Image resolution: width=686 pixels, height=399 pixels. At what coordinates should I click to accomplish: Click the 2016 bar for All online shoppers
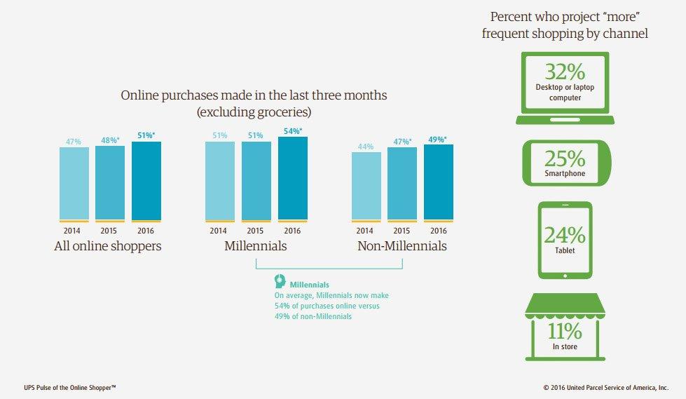(146, 182)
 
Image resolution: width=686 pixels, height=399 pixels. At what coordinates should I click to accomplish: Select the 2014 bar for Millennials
(219, 182)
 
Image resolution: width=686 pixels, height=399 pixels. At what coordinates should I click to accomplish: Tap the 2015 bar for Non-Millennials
(402, 184)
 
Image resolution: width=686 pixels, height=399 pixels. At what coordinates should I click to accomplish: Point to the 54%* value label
(293, 131)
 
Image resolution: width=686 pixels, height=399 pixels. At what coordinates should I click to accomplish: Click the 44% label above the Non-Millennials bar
(366, 147)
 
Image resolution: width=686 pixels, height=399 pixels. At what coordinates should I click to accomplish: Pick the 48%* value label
(110, 140)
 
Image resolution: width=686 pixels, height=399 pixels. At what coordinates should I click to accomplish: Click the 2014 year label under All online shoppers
(71, 231)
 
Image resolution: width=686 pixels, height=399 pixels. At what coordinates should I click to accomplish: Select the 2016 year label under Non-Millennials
(439, 231)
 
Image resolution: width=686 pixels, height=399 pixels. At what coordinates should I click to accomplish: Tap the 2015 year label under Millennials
(255, 231)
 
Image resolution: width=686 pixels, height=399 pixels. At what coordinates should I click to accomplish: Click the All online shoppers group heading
(108, 246)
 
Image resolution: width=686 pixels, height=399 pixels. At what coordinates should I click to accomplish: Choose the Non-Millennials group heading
(402, 245)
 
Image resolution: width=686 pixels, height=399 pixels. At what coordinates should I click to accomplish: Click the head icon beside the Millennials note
(280, 281)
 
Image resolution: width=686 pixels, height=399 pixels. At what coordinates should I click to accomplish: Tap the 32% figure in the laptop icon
(565, 72)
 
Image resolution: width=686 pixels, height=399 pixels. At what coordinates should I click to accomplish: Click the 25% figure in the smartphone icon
(565, 158)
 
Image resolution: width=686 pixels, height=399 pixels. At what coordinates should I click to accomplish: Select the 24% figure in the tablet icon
(565, 235)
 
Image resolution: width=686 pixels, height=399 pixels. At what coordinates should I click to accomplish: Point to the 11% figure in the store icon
(565, 331)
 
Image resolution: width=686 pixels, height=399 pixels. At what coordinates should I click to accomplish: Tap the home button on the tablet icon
(565, 276)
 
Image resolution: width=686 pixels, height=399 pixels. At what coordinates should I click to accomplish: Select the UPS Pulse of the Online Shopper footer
(70, 388)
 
